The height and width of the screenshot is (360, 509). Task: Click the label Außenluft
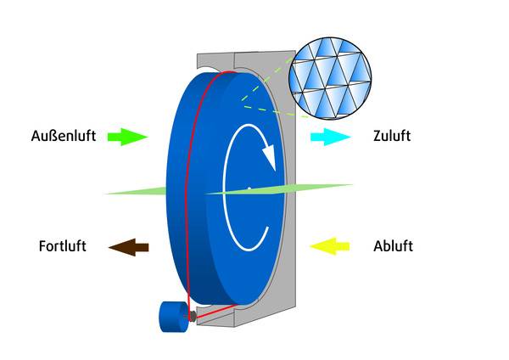coord(63,136)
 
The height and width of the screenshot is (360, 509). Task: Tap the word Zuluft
coord(392,136)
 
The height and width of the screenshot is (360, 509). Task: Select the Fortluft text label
coord(63,246)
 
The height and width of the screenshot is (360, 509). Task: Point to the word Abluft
coord(393,246)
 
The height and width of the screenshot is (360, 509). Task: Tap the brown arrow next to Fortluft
coord(129,246)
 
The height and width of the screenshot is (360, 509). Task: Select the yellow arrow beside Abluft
coord(329,246)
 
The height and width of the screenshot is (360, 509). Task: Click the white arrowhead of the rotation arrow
coord(268,158)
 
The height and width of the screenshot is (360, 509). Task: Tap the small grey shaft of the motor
coord(193,316)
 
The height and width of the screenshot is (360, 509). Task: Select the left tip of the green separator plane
coord(106,193)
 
